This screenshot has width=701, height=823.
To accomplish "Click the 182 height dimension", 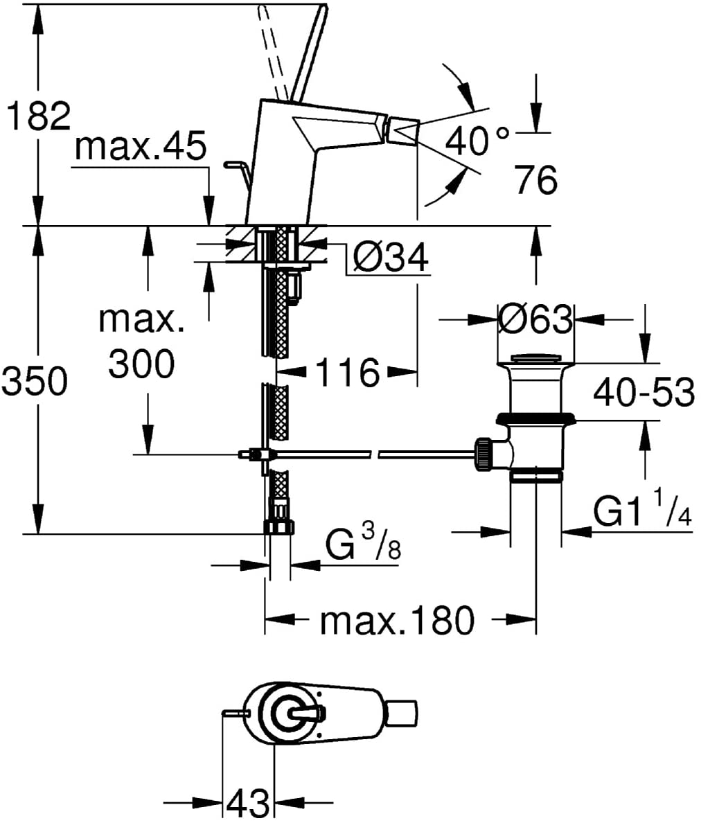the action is coord(38,116).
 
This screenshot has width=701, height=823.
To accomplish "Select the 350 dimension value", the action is coord(35,381).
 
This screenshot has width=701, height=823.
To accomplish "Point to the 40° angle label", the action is coord(477,140).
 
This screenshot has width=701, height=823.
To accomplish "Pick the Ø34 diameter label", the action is coord(391,257).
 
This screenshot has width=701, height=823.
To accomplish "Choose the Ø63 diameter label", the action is coord(535,319).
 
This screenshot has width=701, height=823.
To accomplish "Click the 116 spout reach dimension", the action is coord(348,372).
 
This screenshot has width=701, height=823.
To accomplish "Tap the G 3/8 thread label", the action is coord(363,545).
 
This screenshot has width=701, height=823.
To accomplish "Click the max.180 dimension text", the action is coord(397,620).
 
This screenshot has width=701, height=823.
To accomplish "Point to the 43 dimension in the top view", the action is coord(248,803).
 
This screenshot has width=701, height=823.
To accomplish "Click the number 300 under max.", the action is coord(142,363).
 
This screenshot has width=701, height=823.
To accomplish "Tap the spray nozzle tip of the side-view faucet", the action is coord(403,131).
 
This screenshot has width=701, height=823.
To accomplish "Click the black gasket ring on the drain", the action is coord(535,418).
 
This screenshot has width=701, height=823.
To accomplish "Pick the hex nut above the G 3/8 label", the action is coord(278,525).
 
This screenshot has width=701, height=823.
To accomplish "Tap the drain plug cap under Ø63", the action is coord(535,359).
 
